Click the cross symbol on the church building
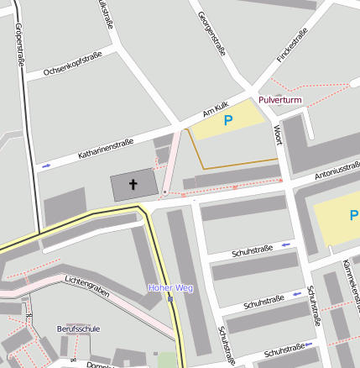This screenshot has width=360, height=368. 133,183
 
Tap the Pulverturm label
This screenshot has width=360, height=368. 280,100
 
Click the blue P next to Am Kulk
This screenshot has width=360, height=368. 227,121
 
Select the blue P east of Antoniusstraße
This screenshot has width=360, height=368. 352,216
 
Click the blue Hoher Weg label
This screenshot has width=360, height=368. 170,288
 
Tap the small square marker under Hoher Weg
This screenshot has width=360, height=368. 170,298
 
